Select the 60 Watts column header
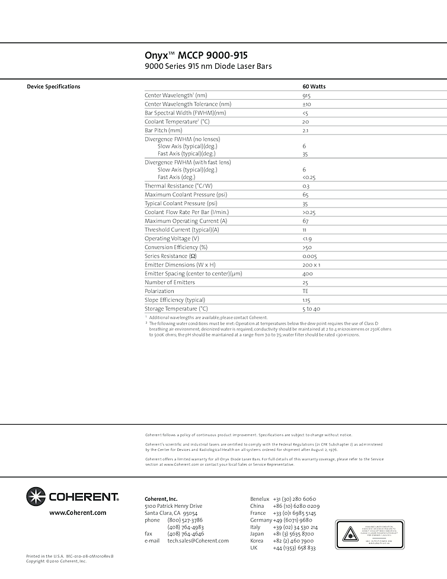314,87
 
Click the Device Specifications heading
53,87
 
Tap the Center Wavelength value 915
306,96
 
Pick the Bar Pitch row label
164,131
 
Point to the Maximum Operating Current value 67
305,221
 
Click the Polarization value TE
305,291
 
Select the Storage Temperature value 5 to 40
311,309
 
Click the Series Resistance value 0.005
309,256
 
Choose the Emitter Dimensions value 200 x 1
311,265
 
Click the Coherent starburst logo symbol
36,497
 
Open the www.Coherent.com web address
78,513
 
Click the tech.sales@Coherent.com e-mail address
198,541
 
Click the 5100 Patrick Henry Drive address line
173,506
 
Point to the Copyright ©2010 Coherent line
56,561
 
